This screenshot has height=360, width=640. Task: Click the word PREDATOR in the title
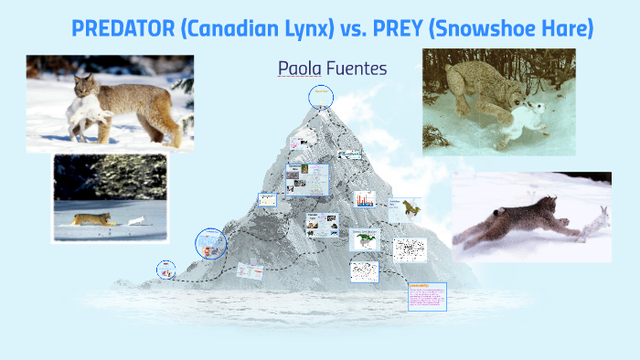(x=123, y=28)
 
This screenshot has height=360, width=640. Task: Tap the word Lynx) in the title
(x=307, y=28)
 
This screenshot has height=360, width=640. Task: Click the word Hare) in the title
(x=564, y=28)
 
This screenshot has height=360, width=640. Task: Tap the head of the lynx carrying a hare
(x=87, y=89)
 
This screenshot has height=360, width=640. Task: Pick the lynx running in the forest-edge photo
(x=91, y=219)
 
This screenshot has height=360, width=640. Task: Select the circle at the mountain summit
(x=321, y=96)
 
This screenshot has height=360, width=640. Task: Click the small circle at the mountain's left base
(x=166, y=269)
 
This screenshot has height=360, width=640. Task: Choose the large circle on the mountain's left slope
(x=210, y=244)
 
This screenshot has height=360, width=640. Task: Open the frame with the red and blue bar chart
(x=365, y=199)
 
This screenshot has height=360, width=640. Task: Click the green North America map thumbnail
(x=364, y=240)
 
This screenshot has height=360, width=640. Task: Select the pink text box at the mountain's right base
(x=426, y=297)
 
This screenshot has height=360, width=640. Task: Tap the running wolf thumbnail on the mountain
(x=404, y=208)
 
